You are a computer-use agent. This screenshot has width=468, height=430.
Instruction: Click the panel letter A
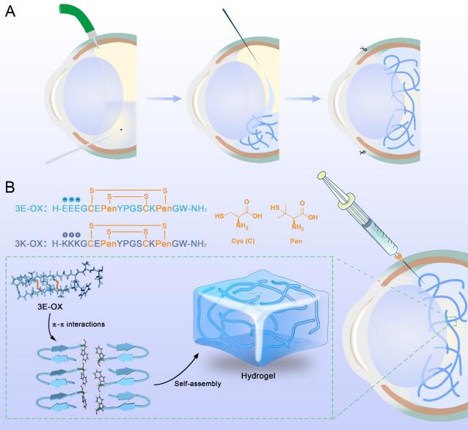point(10,12)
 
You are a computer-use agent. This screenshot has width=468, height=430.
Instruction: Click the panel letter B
point(10,187)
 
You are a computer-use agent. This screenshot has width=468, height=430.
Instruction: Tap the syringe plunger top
point(323,177)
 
